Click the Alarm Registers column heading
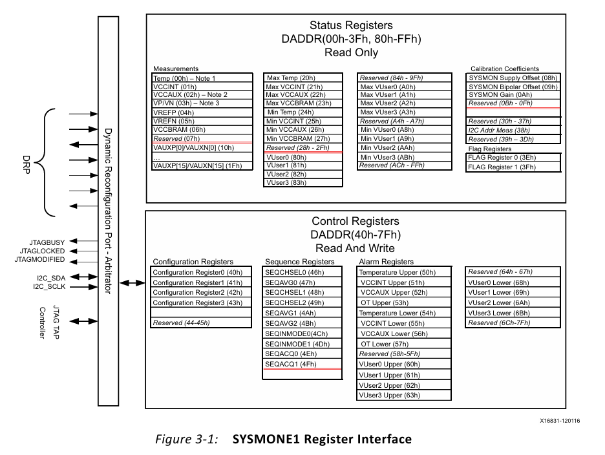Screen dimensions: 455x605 (386, 262)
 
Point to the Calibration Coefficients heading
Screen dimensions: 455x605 (504, 69)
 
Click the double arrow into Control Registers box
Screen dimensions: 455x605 (133, 282)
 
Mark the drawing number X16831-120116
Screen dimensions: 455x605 (560, 421)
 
